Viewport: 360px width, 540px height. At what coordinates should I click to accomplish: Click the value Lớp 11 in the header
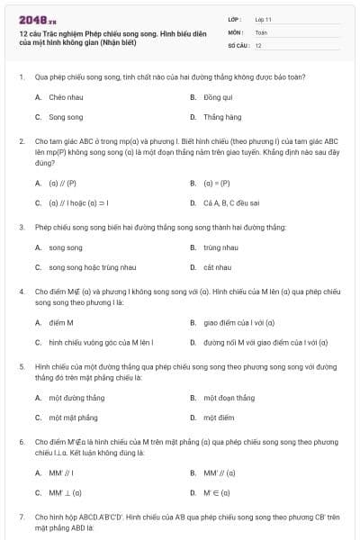[x=264, y=19]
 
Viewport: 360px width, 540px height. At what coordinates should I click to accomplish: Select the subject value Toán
[x=261, y=31]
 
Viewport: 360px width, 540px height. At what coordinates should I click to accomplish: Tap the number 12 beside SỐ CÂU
[x=258, y=44]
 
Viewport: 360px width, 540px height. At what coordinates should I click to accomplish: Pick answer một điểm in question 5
[x=219, y=418]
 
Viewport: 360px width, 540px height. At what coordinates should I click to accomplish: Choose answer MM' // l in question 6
[x=61, y=472]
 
